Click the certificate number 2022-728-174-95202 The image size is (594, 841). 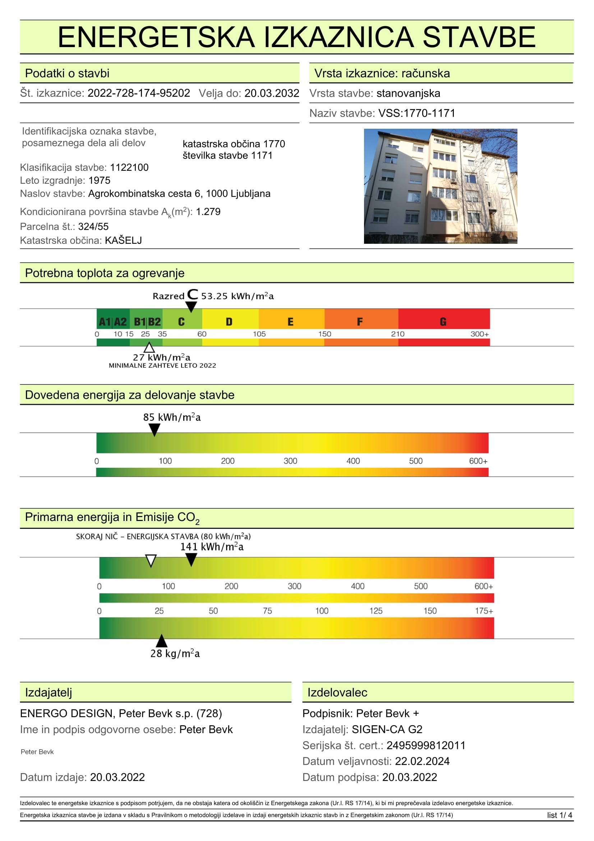[x=139, y=93]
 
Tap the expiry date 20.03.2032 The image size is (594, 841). [x=272, y=93]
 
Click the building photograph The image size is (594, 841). [x=440, y=186]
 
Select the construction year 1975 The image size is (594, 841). [x=99, y=180]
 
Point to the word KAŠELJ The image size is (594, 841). [x=123, y=240]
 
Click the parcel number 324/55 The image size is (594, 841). [x=93, y=227]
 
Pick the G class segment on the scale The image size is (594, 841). [x=443, y=321]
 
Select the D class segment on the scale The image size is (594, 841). [x=230, y=321]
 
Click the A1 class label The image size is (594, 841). [x=105, y=321]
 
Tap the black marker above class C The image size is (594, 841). [x=191, y=306]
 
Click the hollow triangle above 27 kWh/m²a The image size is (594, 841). [x=149, y=347]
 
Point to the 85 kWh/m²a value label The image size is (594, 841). [x=172, y=417]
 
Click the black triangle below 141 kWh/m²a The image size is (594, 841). [x=191, y=559]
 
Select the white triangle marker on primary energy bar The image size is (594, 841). [x=151, y=561]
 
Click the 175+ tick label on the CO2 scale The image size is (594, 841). [x=484, y=611]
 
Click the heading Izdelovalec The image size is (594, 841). [x=337, y=692]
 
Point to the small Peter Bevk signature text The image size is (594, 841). [x=37, y=751]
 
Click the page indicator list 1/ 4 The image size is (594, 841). [x=559, y=815]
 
